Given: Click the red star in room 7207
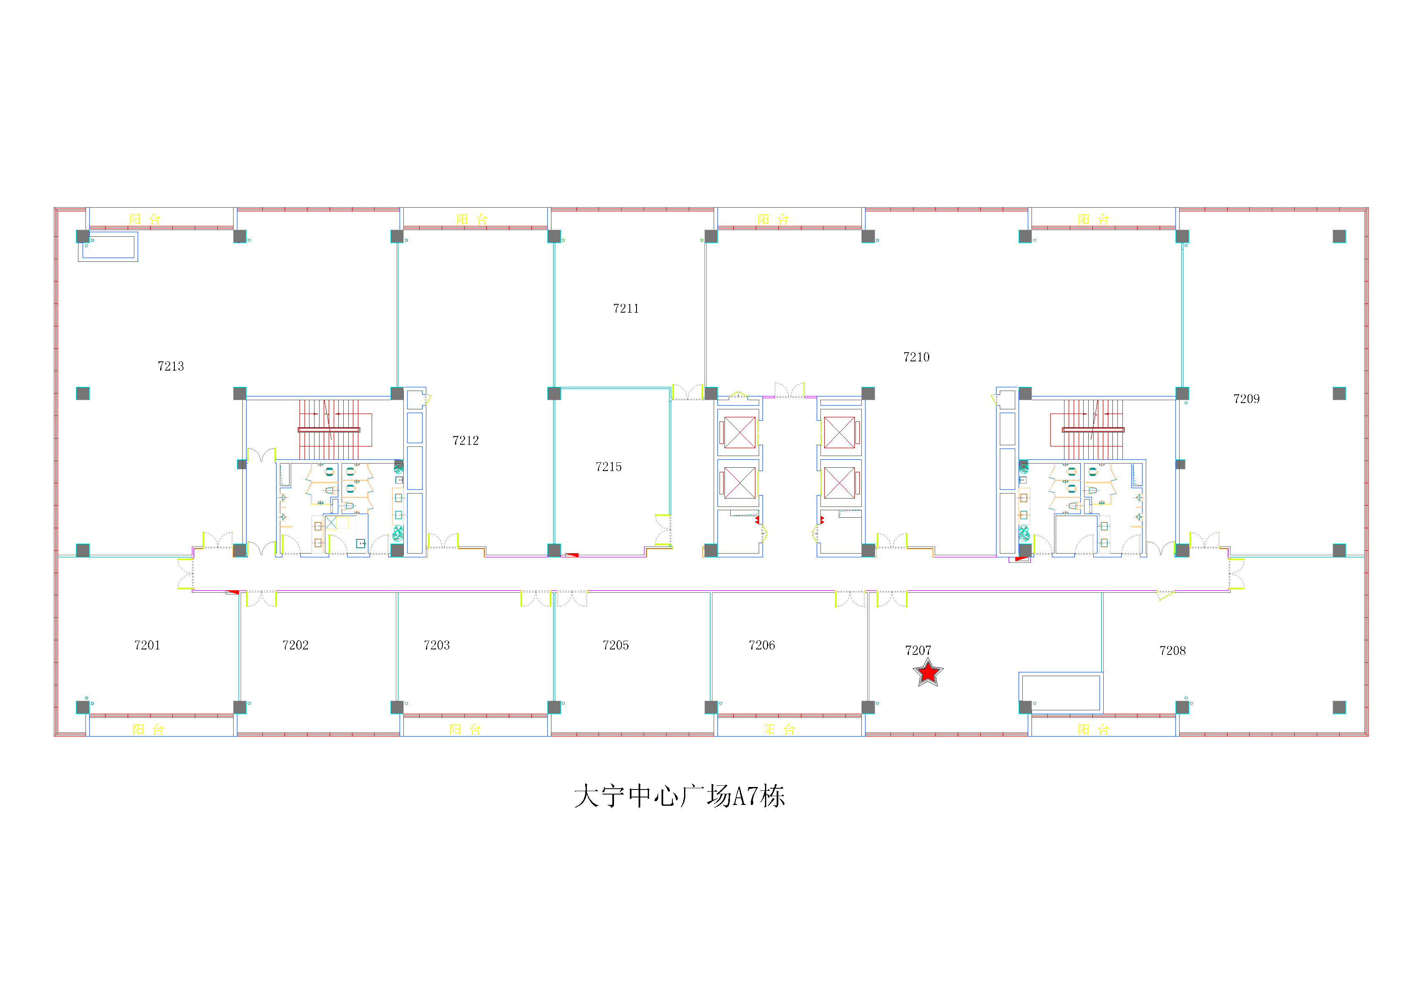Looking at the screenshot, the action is [x=928, y=672].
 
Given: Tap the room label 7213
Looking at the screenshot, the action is [x=171, y=366].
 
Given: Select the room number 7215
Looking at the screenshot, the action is [x=609, y=466].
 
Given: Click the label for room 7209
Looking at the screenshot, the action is [x=1246, y=399].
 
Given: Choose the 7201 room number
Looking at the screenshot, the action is [x=147, y=645].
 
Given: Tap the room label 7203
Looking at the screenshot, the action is [x=437, y=645].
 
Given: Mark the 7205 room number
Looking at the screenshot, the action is [x=616, y=645].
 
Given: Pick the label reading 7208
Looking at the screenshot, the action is [x=1172, y=651].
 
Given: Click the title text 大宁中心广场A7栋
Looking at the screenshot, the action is [x=680, y=796].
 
